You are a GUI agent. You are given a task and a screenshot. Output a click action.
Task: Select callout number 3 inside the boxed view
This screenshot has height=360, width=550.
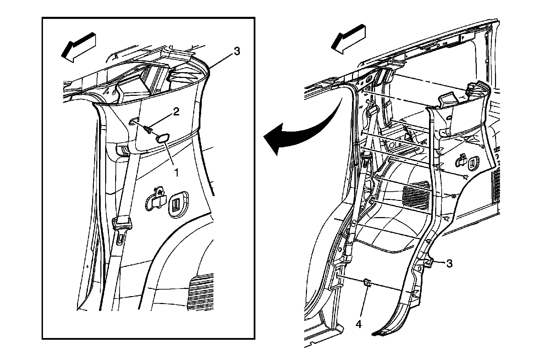pyautogui.click(x=236, y=52)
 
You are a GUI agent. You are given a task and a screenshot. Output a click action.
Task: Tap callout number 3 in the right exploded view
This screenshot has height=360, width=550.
pyautogui.click(x=449, y=263)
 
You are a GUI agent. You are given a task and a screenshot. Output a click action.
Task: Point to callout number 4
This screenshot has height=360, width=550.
pyautogui.click(x=359, y=324)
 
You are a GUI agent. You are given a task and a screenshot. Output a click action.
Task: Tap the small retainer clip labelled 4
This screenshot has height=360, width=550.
pyautogui.click(x=367, y=282)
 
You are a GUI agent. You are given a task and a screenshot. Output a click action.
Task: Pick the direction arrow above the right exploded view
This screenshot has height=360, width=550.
pyautogui.click(x=349, y=38)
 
